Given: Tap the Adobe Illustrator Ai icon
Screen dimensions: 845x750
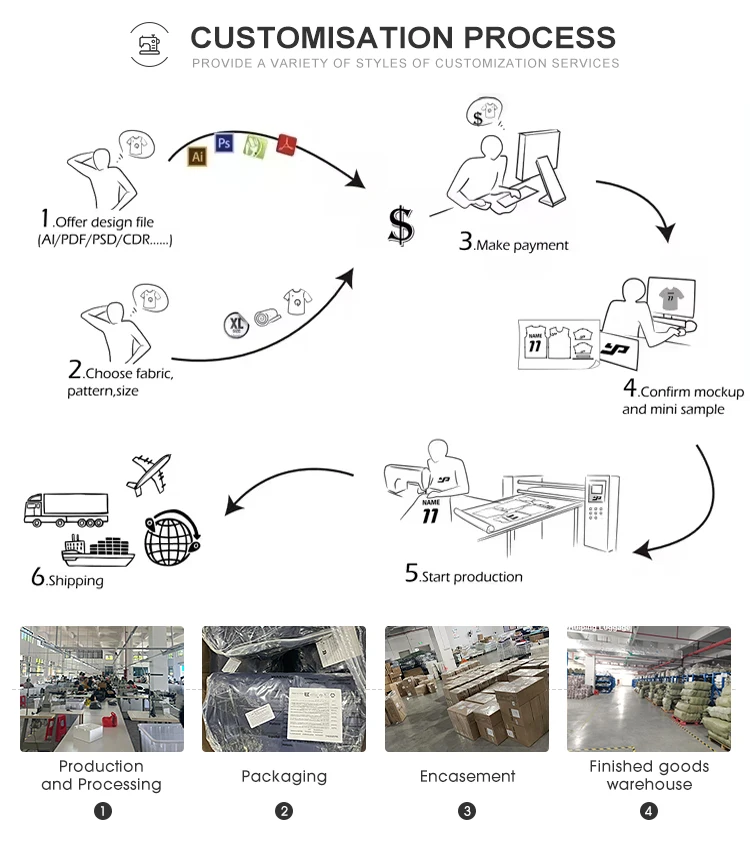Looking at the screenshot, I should (197, 156).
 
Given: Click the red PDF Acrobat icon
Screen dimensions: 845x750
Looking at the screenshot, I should (287, 144).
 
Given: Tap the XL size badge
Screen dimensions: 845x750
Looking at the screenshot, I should (236, 324).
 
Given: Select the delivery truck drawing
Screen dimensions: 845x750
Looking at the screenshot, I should (65, 509).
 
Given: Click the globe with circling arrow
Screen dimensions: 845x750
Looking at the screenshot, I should (172, 538).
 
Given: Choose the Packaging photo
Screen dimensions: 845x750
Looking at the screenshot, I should (284, 689).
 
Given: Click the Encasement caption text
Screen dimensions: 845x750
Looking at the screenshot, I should (467, 776).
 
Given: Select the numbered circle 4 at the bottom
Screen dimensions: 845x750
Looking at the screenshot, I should (649, 811).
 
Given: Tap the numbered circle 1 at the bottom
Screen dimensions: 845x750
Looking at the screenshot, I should (102, 811).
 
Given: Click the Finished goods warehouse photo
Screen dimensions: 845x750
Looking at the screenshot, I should (649, 689).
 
